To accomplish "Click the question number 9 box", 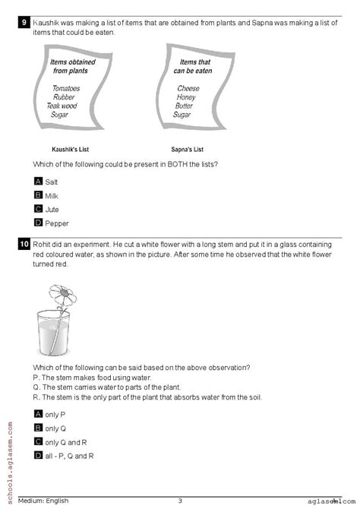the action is click(25, 23).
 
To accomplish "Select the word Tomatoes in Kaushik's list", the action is click(66, 88).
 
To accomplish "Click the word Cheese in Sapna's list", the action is click(188, 88).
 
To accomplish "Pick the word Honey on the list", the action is click(187, 97).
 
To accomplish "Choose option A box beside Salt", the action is click(39, 182).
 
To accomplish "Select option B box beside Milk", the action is click(39, 195).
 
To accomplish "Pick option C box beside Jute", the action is click(39, 209).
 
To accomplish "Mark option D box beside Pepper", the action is click(39, 223).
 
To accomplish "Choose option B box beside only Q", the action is click(39, 427).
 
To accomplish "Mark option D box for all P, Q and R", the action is click(39, 454).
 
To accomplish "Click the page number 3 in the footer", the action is click(180, 501).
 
